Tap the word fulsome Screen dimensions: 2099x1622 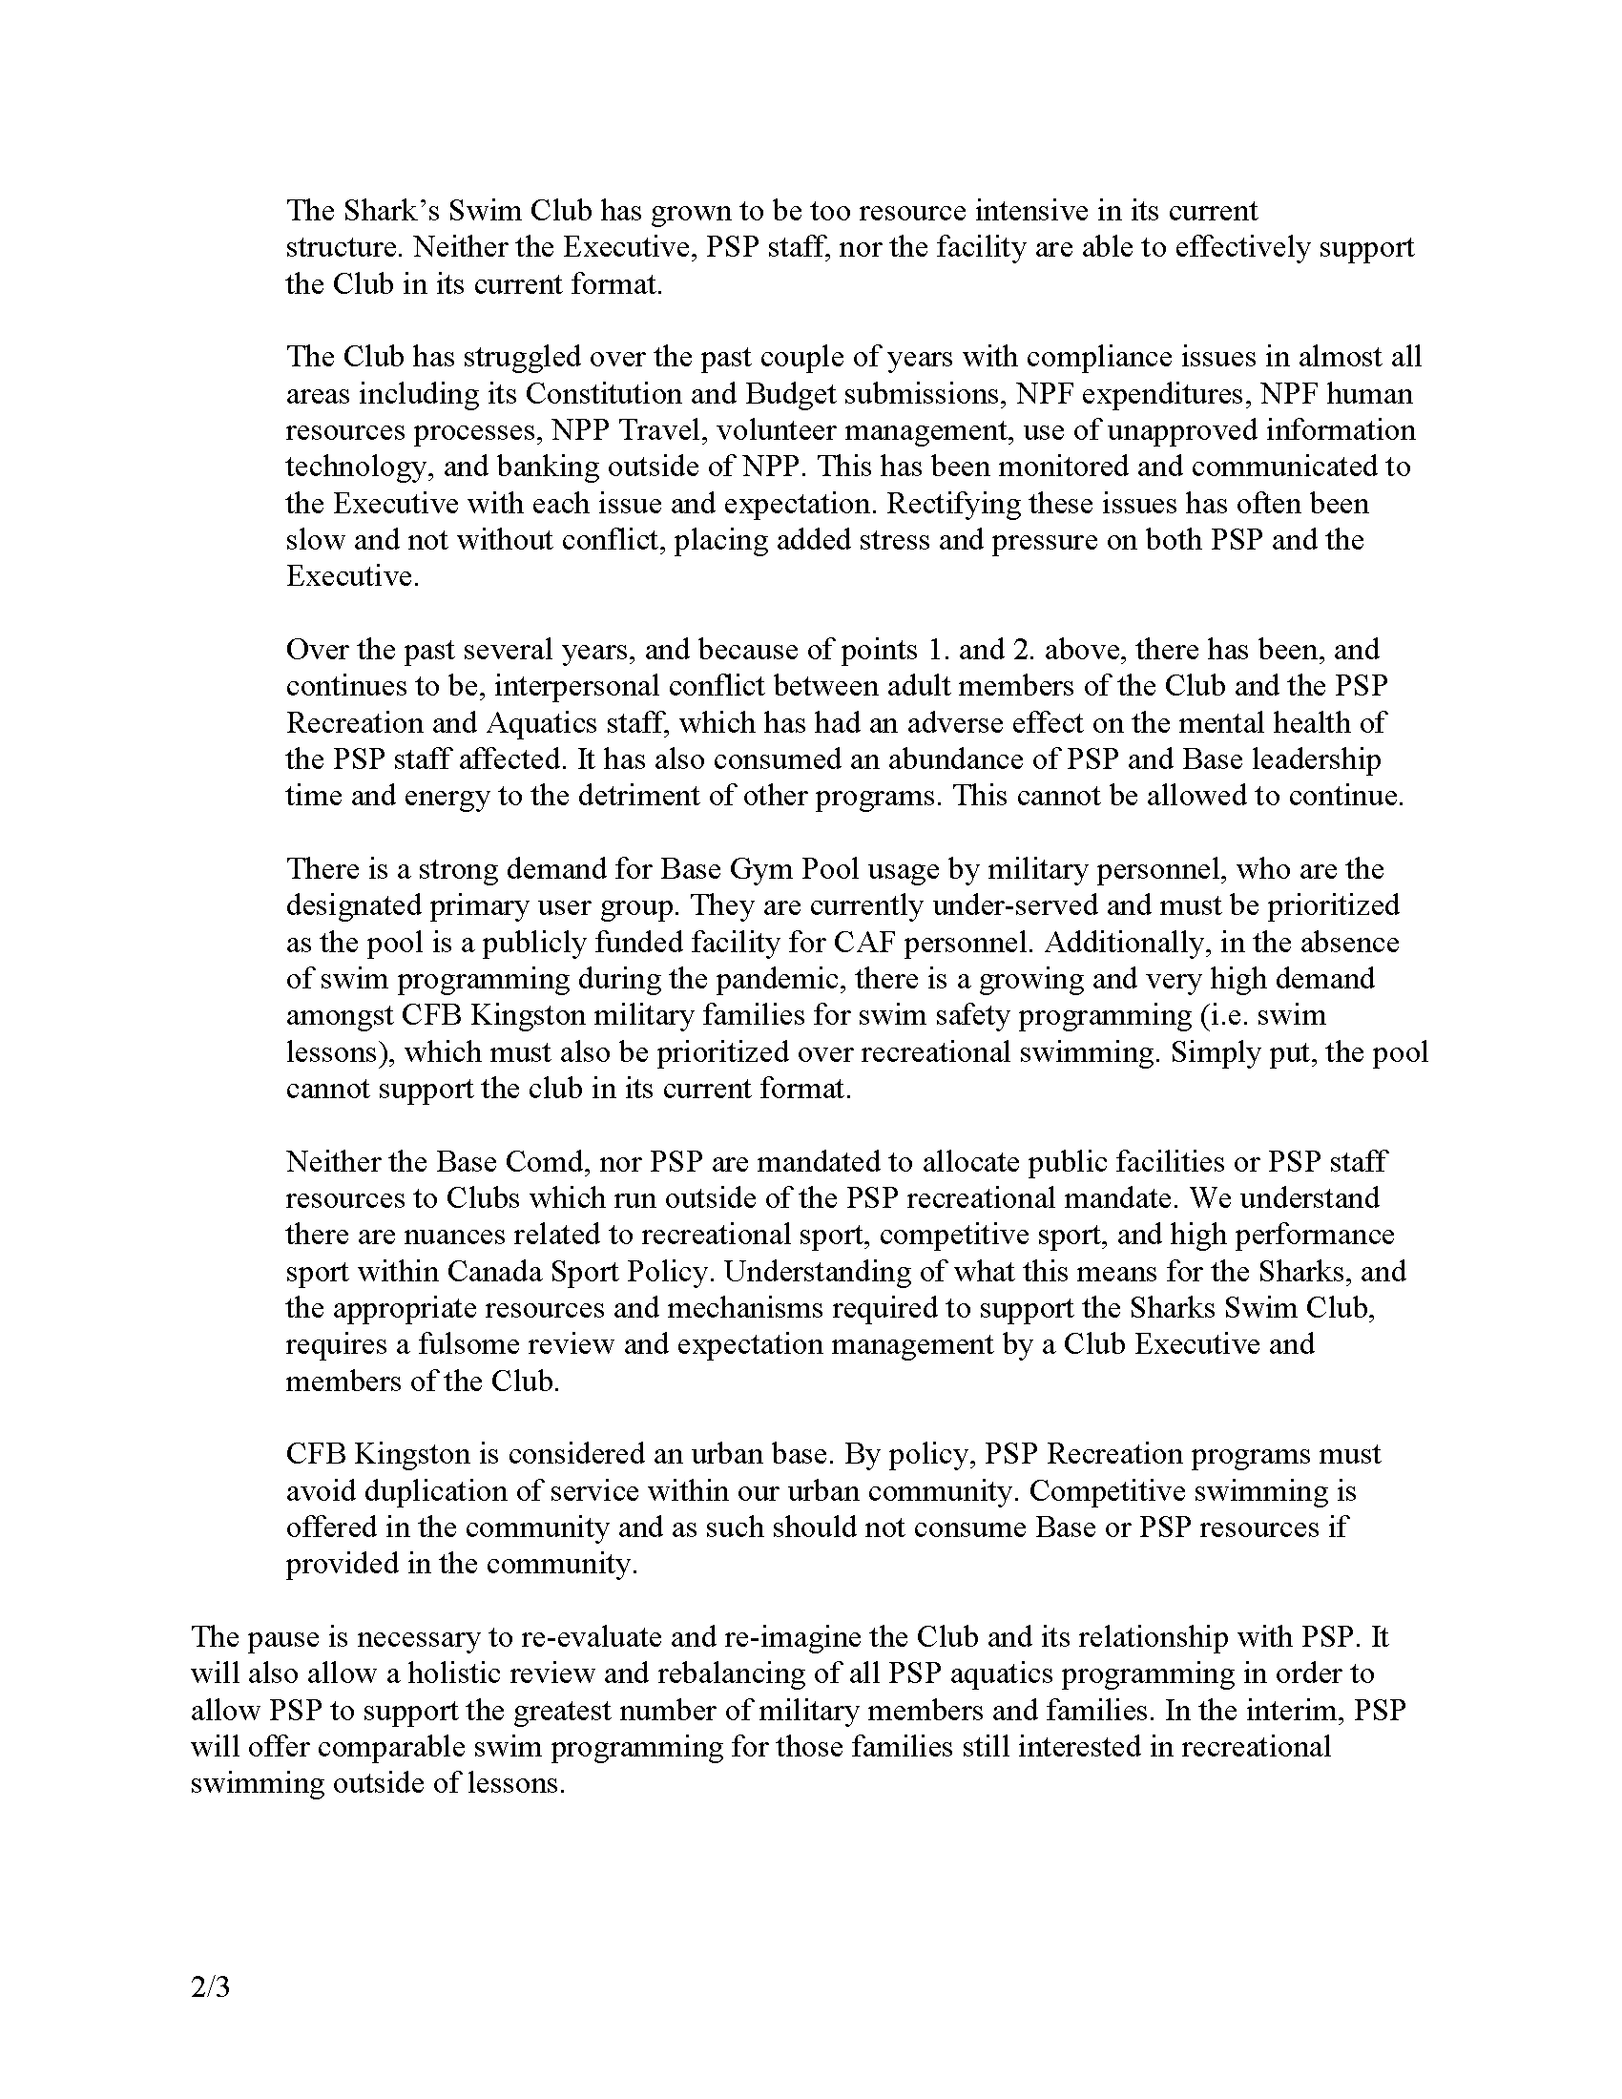click(467, 1344)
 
